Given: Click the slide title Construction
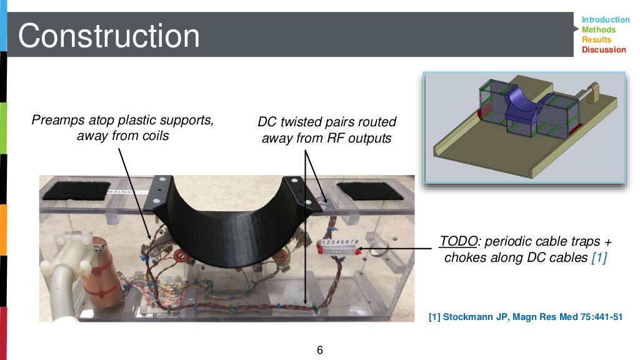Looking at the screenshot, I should (109, 36).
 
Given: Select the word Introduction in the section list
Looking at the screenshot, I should (605, 20).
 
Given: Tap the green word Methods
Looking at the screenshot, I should (598, 30).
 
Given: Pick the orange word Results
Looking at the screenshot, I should (596, 40).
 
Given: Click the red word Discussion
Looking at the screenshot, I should (603, 50).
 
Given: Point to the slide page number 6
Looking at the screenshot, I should (320, 350).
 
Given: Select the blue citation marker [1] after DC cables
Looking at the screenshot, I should (598, 257).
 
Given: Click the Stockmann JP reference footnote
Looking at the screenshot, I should (526, 317).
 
